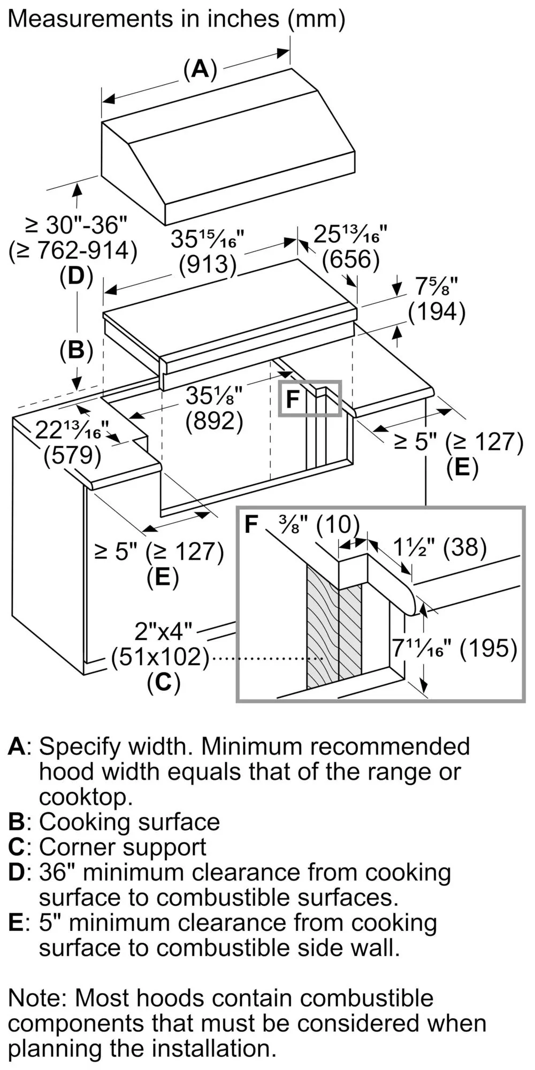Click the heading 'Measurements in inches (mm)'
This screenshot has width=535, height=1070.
177,19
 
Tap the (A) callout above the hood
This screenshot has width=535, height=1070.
200,70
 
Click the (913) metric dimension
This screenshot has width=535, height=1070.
208,265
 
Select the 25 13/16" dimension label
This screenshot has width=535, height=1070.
350,235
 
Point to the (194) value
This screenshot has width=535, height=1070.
437,311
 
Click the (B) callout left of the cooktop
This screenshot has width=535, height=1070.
76,350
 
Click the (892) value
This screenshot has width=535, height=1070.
214,422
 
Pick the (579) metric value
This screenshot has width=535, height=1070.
72,456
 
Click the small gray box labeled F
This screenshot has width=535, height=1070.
310,399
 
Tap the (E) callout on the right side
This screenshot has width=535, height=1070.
462,468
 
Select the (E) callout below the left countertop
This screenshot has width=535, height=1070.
162,577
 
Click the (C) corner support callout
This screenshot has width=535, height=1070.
163,682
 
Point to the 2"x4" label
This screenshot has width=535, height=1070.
163,632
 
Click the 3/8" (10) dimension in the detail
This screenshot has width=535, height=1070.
319,525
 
